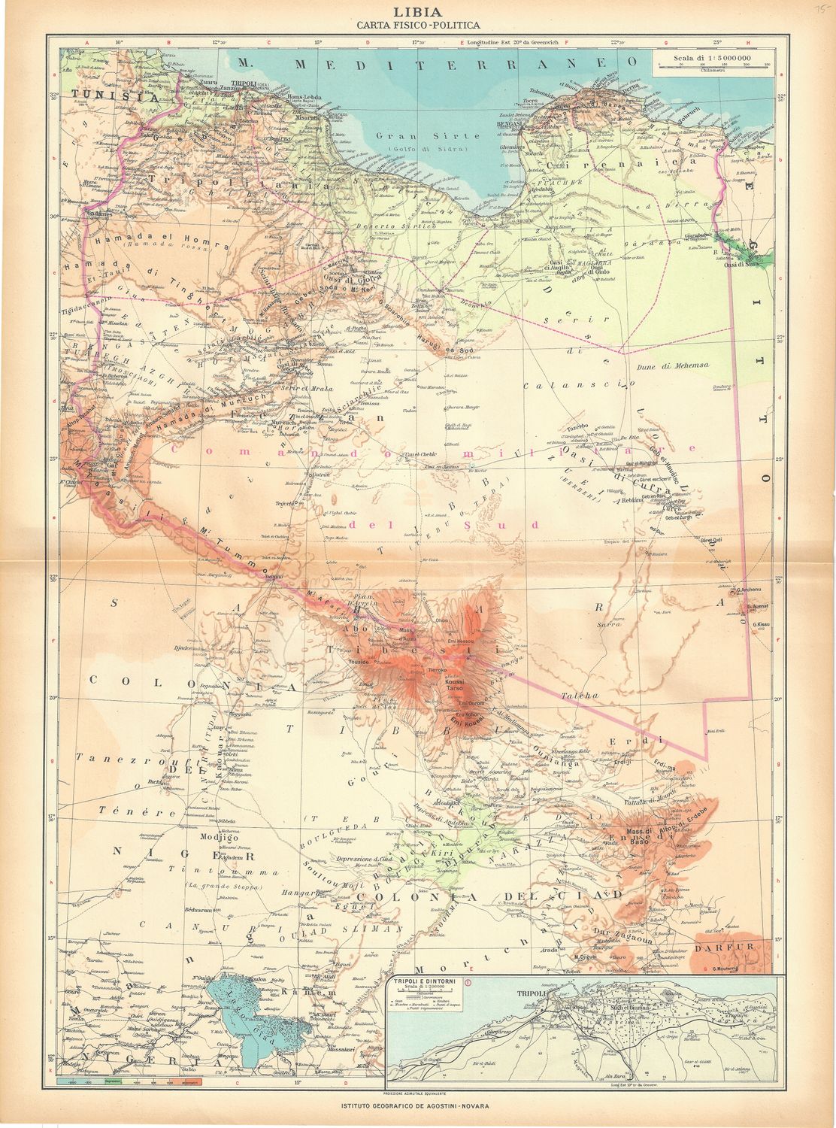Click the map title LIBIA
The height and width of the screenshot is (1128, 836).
tap(417, 12)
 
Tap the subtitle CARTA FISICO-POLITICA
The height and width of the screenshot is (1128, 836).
tap(417, 26)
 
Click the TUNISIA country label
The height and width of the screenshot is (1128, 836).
tap(112, 97)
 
